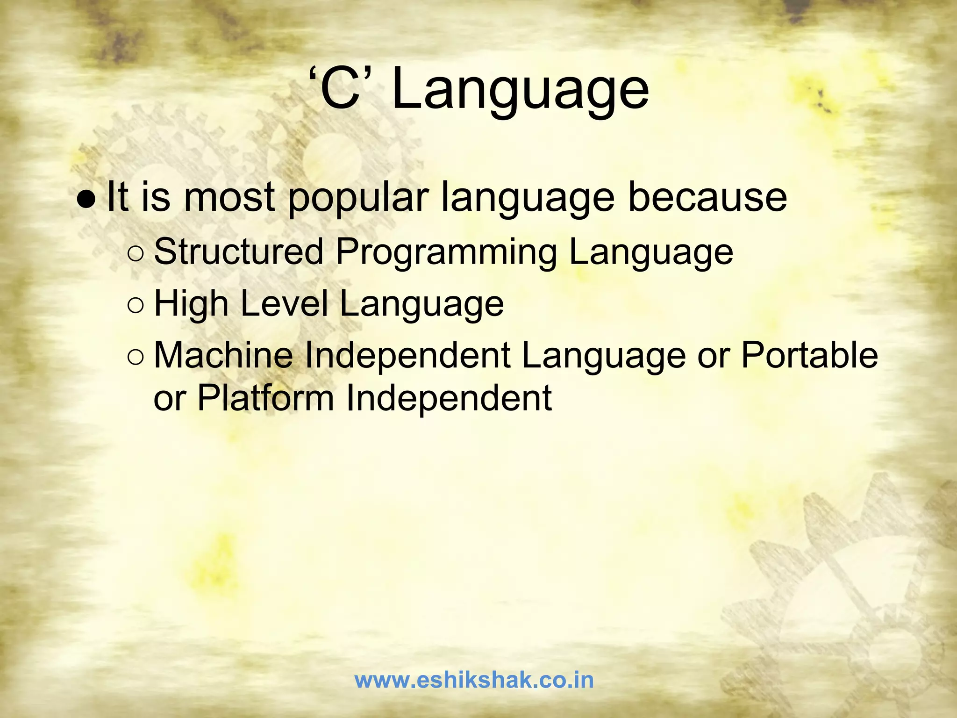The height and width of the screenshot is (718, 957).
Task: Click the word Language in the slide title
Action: tap(520, 90)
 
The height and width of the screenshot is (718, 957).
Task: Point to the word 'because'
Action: tap(707, 197)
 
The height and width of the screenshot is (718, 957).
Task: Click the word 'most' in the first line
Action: tap(229, 197)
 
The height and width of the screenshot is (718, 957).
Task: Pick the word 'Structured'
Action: tap(238, 251)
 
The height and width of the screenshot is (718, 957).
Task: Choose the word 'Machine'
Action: tap(223, 355)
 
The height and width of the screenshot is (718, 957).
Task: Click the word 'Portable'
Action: tap(809, 355)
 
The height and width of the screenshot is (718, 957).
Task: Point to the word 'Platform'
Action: tap(265, 399)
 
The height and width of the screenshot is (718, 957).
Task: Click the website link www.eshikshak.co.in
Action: tap(474, 680)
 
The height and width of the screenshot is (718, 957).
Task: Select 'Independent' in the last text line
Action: tap(449, 399)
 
